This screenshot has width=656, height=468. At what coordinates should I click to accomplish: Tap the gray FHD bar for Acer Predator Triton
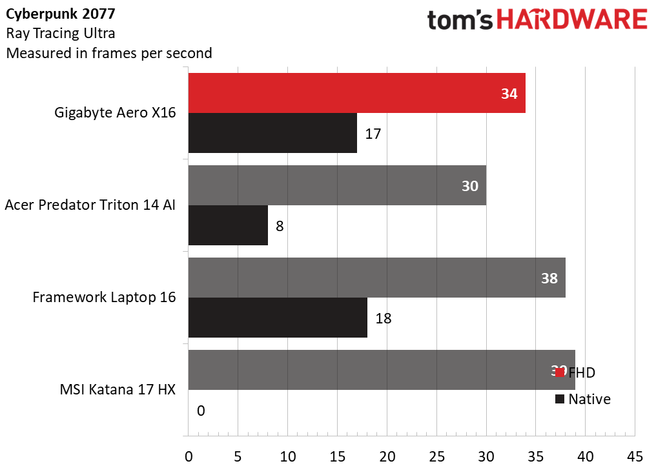tap(336, 186)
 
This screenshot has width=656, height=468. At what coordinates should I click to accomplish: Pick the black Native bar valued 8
tap(228, 226)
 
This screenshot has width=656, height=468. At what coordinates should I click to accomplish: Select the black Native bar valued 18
tap(278, 318)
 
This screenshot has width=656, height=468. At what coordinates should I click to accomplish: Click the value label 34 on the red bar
tap(509, 94)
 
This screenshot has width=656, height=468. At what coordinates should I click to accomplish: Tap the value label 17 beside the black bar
tap(373, 134)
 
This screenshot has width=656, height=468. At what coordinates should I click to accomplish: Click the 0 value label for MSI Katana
tap(201, 411)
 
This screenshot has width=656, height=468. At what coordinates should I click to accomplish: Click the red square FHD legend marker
tap(559, 372)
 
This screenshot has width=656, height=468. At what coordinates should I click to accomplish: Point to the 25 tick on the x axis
tap(436, 456)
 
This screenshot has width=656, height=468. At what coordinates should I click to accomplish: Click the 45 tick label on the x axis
tap(635, 456)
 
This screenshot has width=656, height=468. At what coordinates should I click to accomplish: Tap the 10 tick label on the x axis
tap(287, 456)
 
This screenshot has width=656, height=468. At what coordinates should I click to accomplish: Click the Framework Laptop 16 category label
tap(105, 298)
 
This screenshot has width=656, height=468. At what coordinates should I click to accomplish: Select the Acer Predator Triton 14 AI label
tap(90, 205)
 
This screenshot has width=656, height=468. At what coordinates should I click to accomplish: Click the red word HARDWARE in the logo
tap(571, 20)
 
